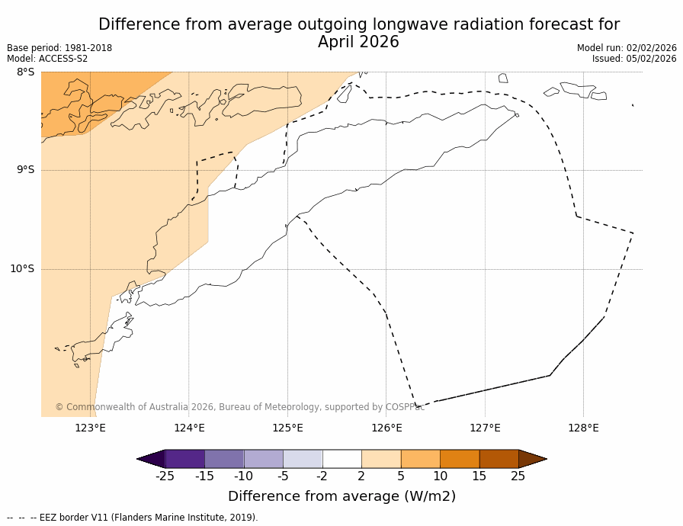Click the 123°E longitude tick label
pos(90,428)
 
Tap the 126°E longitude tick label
pos(386,428)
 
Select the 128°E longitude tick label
pos(583,428)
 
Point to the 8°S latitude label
pos(25,72)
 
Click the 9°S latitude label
pos(25,170)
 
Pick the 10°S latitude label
pos(22,269)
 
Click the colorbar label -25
pos(165,476)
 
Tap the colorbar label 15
pos(479,476)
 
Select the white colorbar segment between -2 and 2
pos(341,459)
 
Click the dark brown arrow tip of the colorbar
pos(531,459)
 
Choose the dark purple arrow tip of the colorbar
pos(152,459)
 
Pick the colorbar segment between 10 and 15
pos(460,459)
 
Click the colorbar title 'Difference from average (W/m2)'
pos(341,496)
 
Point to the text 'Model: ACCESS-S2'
pos(47,59)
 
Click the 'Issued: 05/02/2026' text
pos(634,59)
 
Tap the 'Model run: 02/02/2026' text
pos(627,48)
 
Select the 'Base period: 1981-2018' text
pos(59,48)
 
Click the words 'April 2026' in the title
pos(358,43)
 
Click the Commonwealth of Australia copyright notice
pos(239,407)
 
